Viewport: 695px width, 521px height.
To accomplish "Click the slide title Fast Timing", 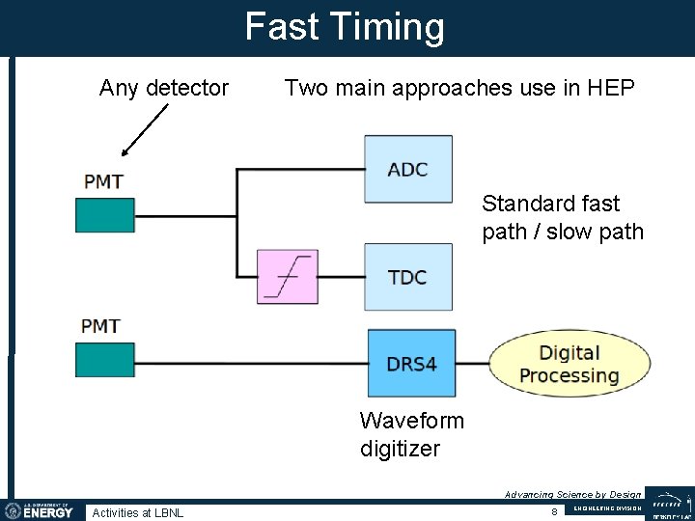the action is coord(345,27).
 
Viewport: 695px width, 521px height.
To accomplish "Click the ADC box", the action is coord(407,169).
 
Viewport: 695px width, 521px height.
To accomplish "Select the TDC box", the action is coord(407,277).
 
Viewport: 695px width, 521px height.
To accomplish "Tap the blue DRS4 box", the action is coord(411,363).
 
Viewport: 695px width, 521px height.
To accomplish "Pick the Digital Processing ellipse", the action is coord(569,364).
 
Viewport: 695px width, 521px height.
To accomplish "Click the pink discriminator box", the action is coord(287,277).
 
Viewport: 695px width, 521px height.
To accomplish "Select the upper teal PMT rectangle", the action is coord(105,214).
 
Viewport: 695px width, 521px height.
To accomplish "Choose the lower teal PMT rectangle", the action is coord(105,359).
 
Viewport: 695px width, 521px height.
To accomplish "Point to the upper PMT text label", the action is coord(103,181).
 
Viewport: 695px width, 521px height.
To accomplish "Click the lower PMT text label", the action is coord(101,326).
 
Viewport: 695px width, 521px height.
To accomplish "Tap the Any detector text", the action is coord(164,89).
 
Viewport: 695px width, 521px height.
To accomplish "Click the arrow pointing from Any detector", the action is coord(144,129).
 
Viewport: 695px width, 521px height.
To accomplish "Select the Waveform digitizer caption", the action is coord(411,434).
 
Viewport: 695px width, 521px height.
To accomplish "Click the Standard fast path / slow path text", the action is coord(563,218).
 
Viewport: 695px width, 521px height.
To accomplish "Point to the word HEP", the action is coord(611,89).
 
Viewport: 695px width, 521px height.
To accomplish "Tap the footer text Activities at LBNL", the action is coord(137,512).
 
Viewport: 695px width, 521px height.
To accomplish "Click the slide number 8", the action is coord(554,511).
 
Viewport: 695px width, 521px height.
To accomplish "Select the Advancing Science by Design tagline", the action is coord(572,494).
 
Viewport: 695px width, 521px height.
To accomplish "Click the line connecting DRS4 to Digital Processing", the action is coord(473,364).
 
